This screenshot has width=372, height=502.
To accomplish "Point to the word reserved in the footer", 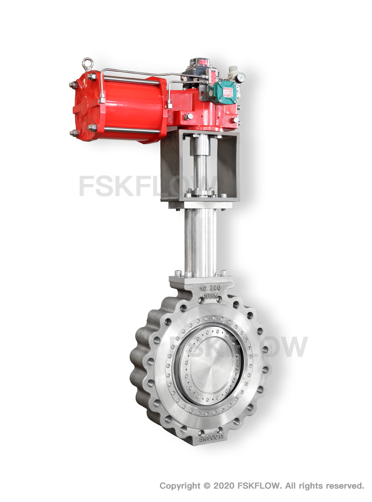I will pos(344,486).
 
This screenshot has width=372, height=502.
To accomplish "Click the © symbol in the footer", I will pos(207,486).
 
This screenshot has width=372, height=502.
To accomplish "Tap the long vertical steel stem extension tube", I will pos(200,242).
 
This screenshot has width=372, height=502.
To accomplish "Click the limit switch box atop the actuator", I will pos(198,70).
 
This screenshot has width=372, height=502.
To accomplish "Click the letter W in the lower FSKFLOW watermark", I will pos(293,346).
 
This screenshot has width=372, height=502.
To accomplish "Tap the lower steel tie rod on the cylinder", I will pos(130,130).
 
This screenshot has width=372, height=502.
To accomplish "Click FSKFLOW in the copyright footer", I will pos(261,486).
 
